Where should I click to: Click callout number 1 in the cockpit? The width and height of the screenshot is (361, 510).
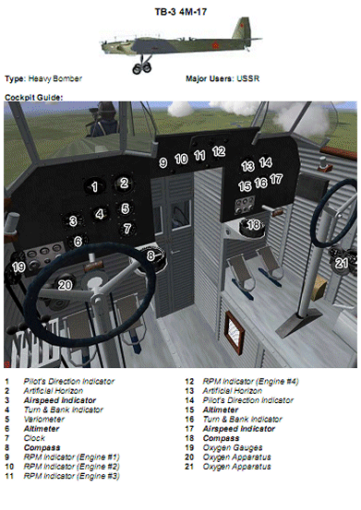pyautogui.click(x=93, y=187)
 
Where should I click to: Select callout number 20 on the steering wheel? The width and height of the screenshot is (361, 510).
pyautogui.click(x=65, y=286)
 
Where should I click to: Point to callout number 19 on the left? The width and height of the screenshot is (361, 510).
pyautogui.click(x=18, y=267)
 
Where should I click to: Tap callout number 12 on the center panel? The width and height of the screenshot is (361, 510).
pyautogui.click(x=218, y=150)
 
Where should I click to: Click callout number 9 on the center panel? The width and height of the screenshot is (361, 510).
pyautogui.click(x=162, y=162)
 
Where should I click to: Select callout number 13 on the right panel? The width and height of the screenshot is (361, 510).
pyautogui.click(x=247, y=167)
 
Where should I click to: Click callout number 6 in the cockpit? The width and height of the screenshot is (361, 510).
pyautogui.click(x=78, y=242)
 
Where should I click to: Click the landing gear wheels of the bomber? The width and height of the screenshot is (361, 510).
pyautogui.click(x=142, y=67)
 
